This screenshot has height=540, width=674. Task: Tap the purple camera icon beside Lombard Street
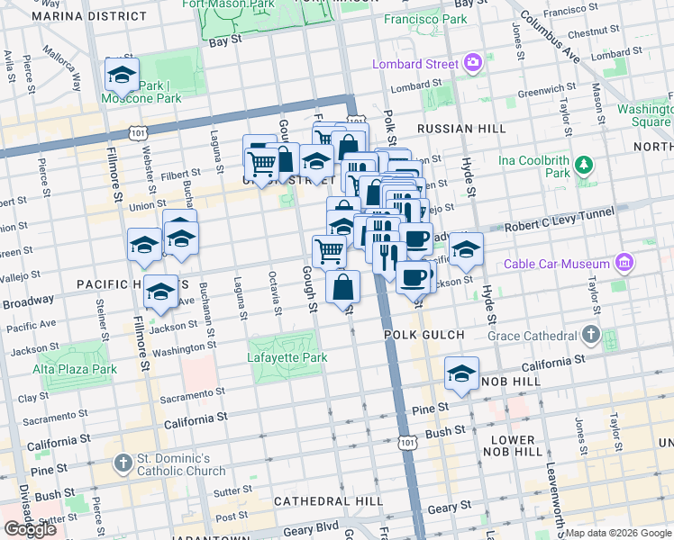tap(473, 63)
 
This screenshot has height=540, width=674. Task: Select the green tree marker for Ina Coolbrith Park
tap(584, 165)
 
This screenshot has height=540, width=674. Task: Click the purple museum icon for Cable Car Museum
tap(623, 262)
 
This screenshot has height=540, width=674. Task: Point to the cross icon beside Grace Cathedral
tap(590, 336)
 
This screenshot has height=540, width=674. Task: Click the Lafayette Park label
tap(287, 357)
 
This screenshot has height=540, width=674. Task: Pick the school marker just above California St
tap(461, 373)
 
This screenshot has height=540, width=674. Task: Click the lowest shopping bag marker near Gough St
tap(343, 288)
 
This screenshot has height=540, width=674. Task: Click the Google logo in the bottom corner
tap(30, 529)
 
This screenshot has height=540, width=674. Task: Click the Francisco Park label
tap(425, 18)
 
